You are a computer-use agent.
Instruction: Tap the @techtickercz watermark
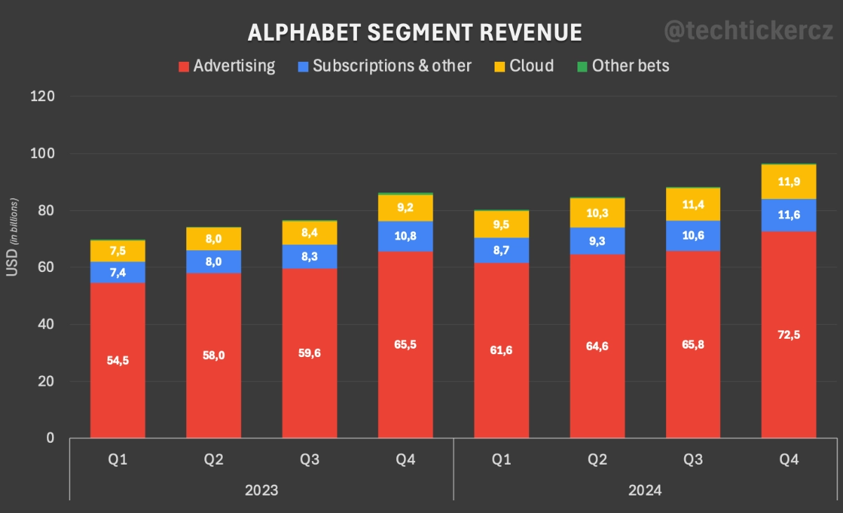point(749,31)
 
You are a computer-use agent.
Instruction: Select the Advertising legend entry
point(226,66)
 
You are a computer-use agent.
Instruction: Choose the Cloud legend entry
point(523,66)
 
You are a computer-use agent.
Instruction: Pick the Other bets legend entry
point(622,66)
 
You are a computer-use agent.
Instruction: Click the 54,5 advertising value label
point(118,361)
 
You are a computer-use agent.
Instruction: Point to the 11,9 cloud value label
point(789,181)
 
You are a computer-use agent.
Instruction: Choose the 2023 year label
point(261,490)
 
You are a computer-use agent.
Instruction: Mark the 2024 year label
point(645,490)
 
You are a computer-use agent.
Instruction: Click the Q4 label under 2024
point(789,460)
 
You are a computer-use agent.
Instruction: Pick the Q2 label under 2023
point(214,460)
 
